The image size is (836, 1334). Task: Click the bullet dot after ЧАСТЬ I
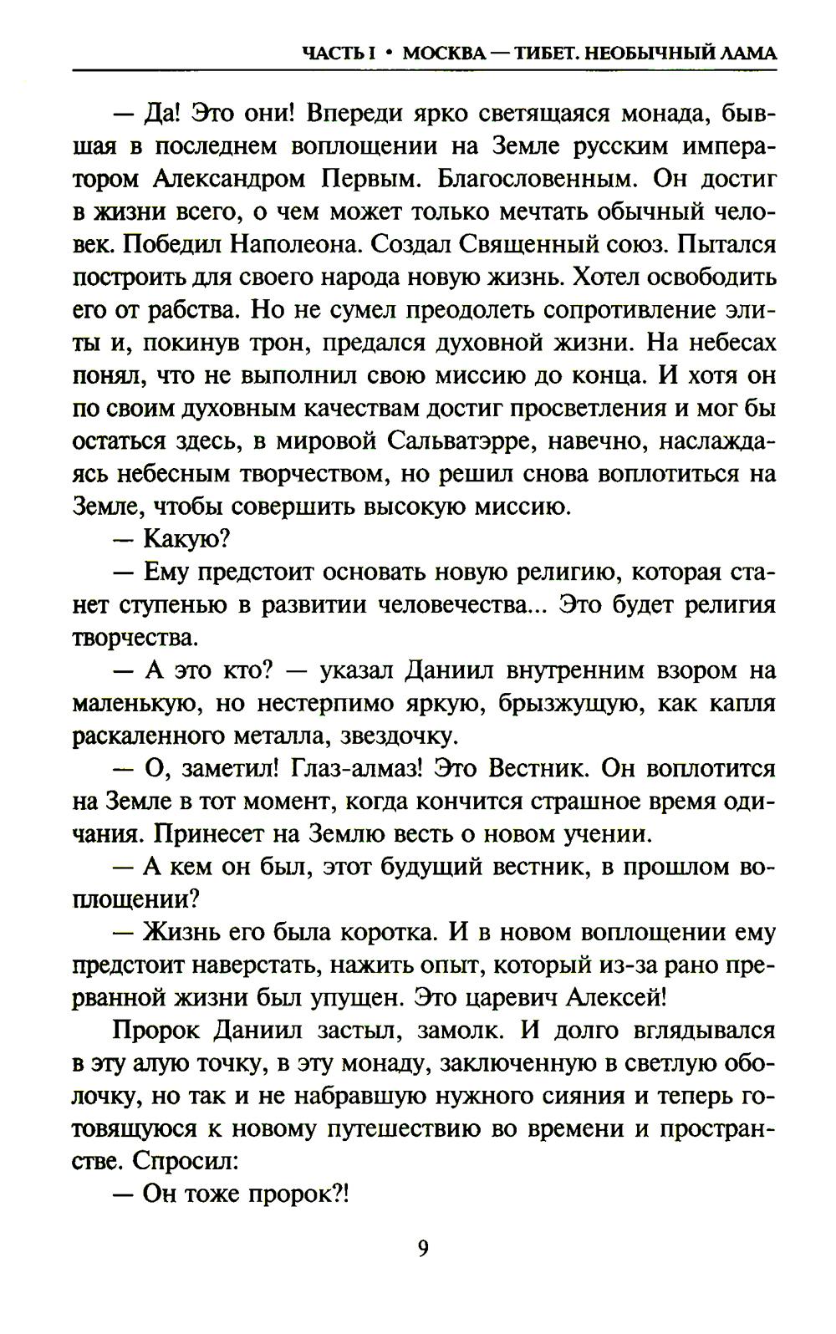[x=390, y=53]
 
